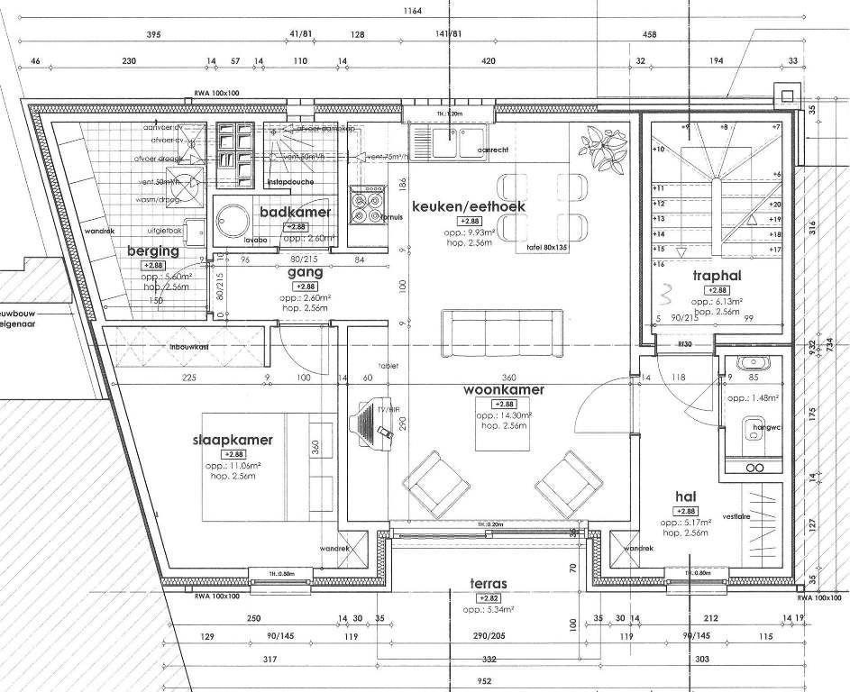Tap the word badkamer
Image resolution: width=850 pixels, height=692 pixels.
click(x=295, y=212)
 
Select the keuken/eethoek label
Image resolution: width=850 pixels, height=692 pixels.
click(x=468, y=206)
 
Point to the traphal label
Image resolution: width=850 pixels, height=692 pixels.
click(x=717, y=275)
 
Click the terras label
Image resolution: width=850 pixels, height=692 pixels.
click(x=489, y=584)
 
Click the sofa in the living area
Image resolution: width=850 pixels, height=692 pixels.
click(x=503, y=331)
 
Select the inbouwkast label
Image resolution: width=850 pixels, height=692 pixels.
click(x=188, y=346)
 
